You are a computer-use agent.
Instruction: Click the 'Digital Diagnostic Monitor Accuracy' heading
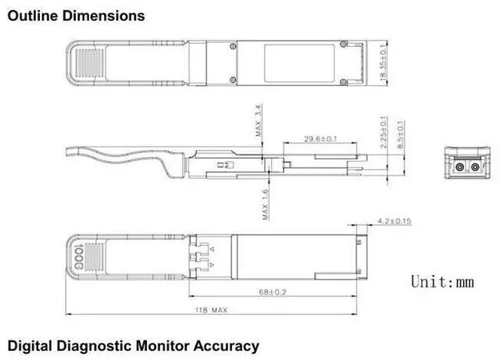pyautogui.click(x=133, y=345)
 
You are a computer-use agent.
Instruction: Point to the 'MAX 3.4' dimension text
pyautogui.click(x=258, y=123)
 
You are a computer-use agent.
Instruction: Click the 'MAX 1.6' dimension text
pyautogui.click(x=266, y=205)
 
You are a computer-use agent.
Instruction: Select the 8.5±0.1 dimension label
pyautogui.click(x=401, y=136)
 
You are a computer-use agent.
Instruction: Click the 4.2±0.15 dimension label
pyautogui.click(x=394, y=222)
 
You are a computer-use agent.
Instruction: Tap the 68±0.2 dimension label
pyautogui.click(x=273, y=292)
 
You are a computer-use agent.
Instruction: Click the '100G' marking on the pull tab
pyautogui.click(x=77, y=255)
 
